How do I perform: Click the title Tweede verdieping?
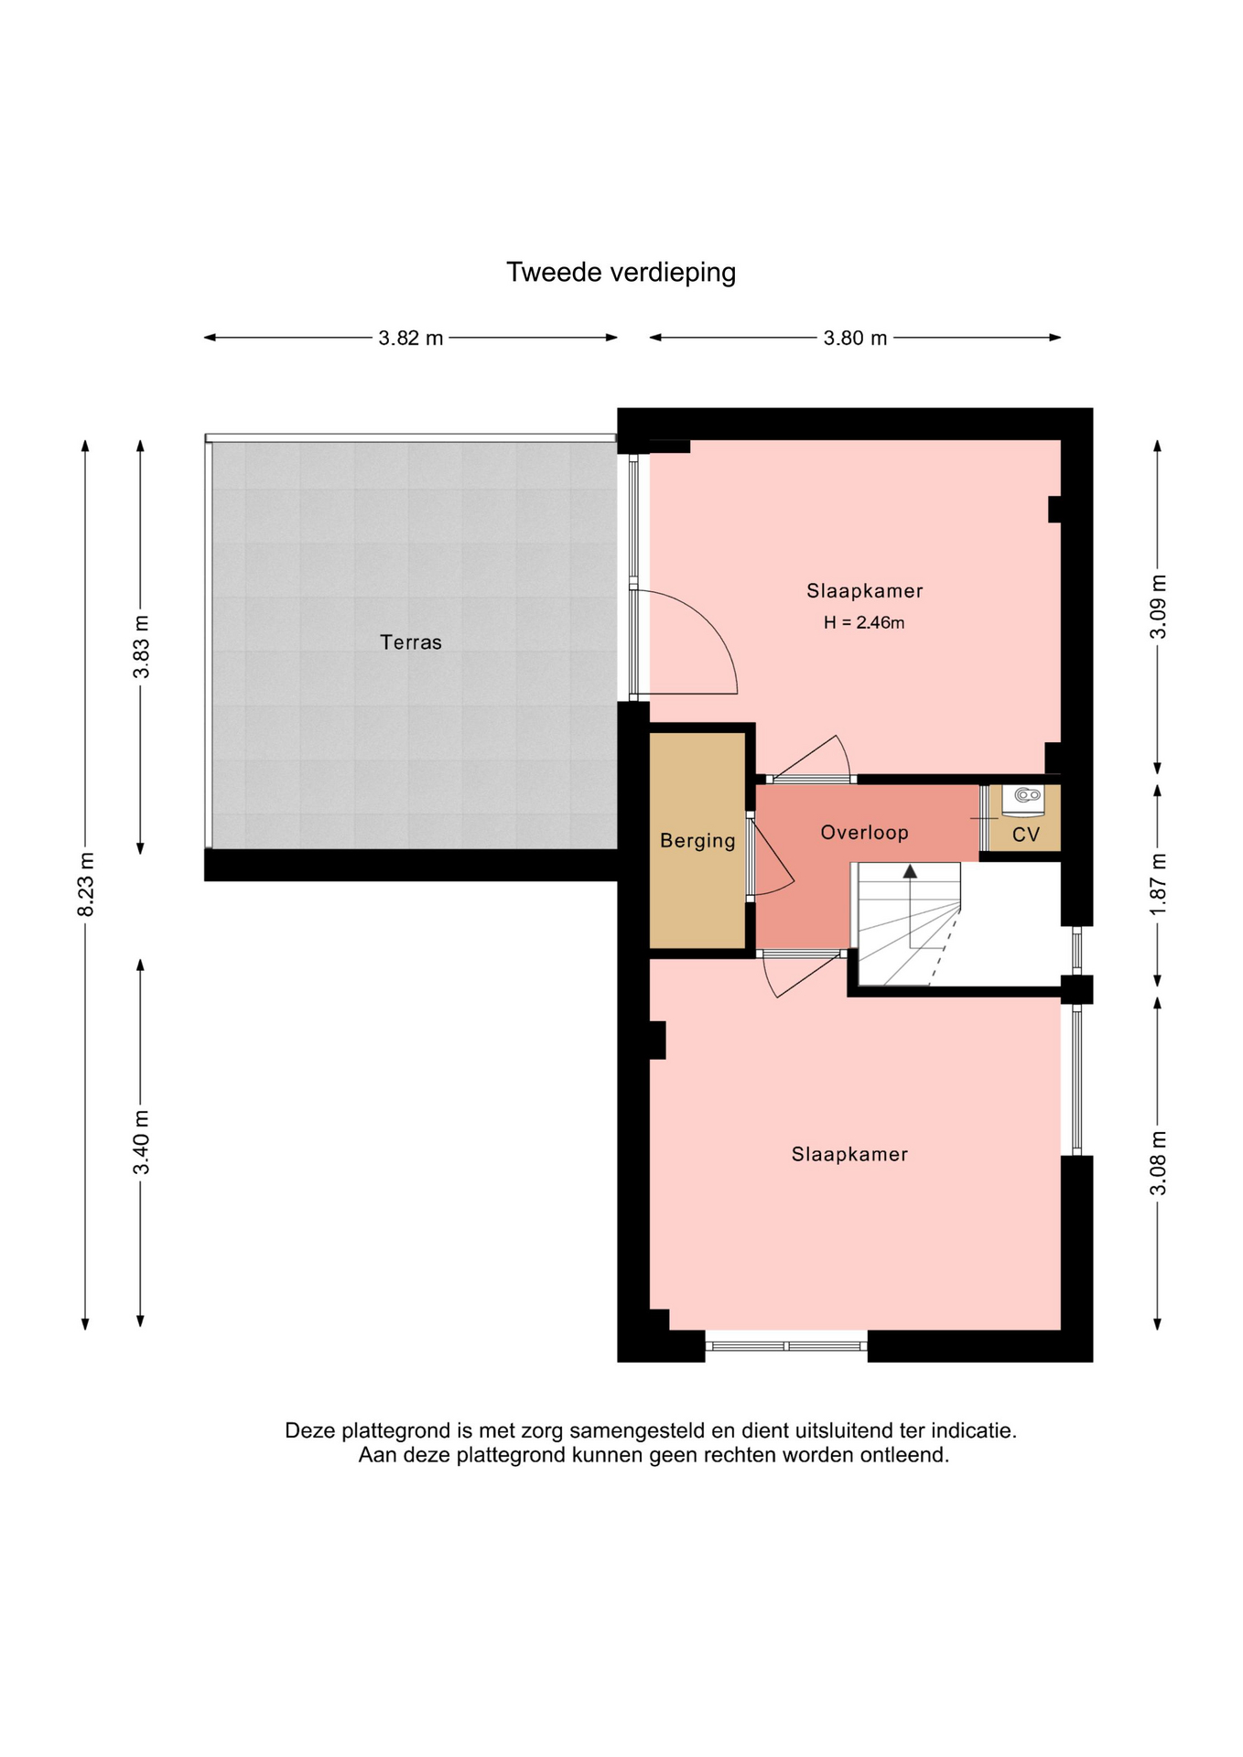point(621,273)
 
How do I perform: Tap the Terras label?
point(411,642)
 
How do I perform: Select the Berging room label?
point(697,841)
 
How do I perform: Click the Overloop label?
point(864,833)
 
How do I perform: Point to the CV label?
point(1026,835)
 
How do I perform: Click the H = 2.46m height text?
point(864,623)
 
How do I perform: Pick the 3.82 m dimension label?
point(411,338)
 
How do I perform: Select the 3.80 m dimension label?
point(855,338)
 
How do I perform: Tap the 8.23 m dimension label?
point(85,884)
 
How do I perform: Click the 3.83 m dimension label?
point(141,647)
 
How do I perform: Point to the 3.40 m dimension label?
point(141,1142)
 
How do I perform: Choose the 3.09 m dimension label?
point(1158,607)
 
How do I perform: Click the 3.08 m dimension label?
point(1158,1162)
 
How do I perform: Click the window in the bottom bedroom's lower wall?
point(786,1346)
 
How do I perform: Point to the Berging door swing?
point(774,860)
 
